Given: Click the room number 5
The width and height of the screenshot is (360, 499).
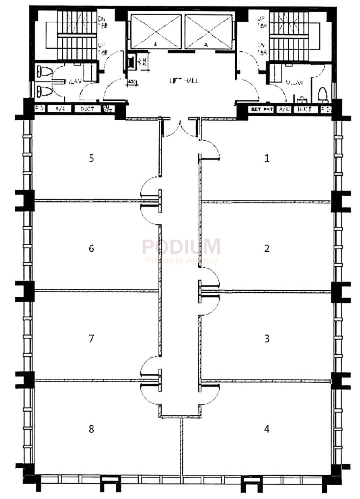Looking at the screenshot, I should point(91,158).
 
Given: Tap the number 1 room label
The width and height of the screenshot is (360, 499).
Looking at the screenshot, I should point(267,158).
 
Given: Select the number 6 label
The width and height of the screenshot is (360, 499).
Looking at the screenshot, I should point(91,248).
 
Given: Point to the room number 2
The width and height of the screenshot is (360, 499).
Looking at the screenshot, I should point(267,248).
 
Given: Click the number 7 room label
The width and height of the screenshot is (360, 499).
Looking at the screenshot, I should point(91,339).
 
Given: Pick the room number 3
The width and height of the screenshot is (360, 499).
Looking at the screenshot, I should point(267,339).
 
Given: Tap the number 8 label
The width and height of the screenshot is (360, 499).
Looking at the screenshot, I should point(91,429).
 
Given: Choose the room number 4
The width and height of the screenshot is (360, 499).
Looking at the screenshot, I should point(267,429).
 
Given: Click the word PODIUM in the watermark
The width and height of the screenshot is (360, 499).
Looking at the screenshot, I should point(181,247).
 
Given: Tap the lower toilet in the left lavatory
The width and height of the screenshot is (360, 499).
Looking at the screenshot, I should point(43,91).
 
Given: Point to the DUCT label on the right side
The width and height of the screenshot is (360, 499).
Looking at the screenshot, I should point(303,109).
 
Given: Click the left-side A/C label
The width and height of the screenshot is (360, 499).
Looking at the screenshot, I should point(60,109).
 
